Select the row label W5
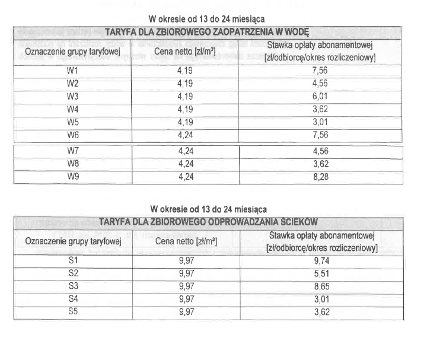pos(73,122)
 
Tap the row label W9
pos(73,176)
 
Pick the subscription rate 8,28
pos(320,176)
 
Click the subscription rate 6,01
pos(320,97)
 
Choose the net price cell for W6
pos(185,135)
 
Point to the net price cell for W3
pos(185,97)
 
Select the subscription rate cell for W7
pos(320,151)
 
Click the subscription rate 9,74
pos(321,260)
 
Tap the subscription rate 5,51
pos(321,273)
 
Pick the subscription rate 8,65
pos(321,286)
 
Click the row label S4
pos(74,298)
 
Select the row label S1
pos(74,260)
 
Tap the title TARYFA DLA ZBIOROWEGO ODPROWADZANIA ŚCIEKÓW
pos(209,222)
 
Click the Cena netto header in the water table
pos(185,52)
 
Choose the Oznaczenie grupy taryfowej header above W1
pos(73,52)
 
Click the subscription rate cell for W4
pos(320,109)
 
